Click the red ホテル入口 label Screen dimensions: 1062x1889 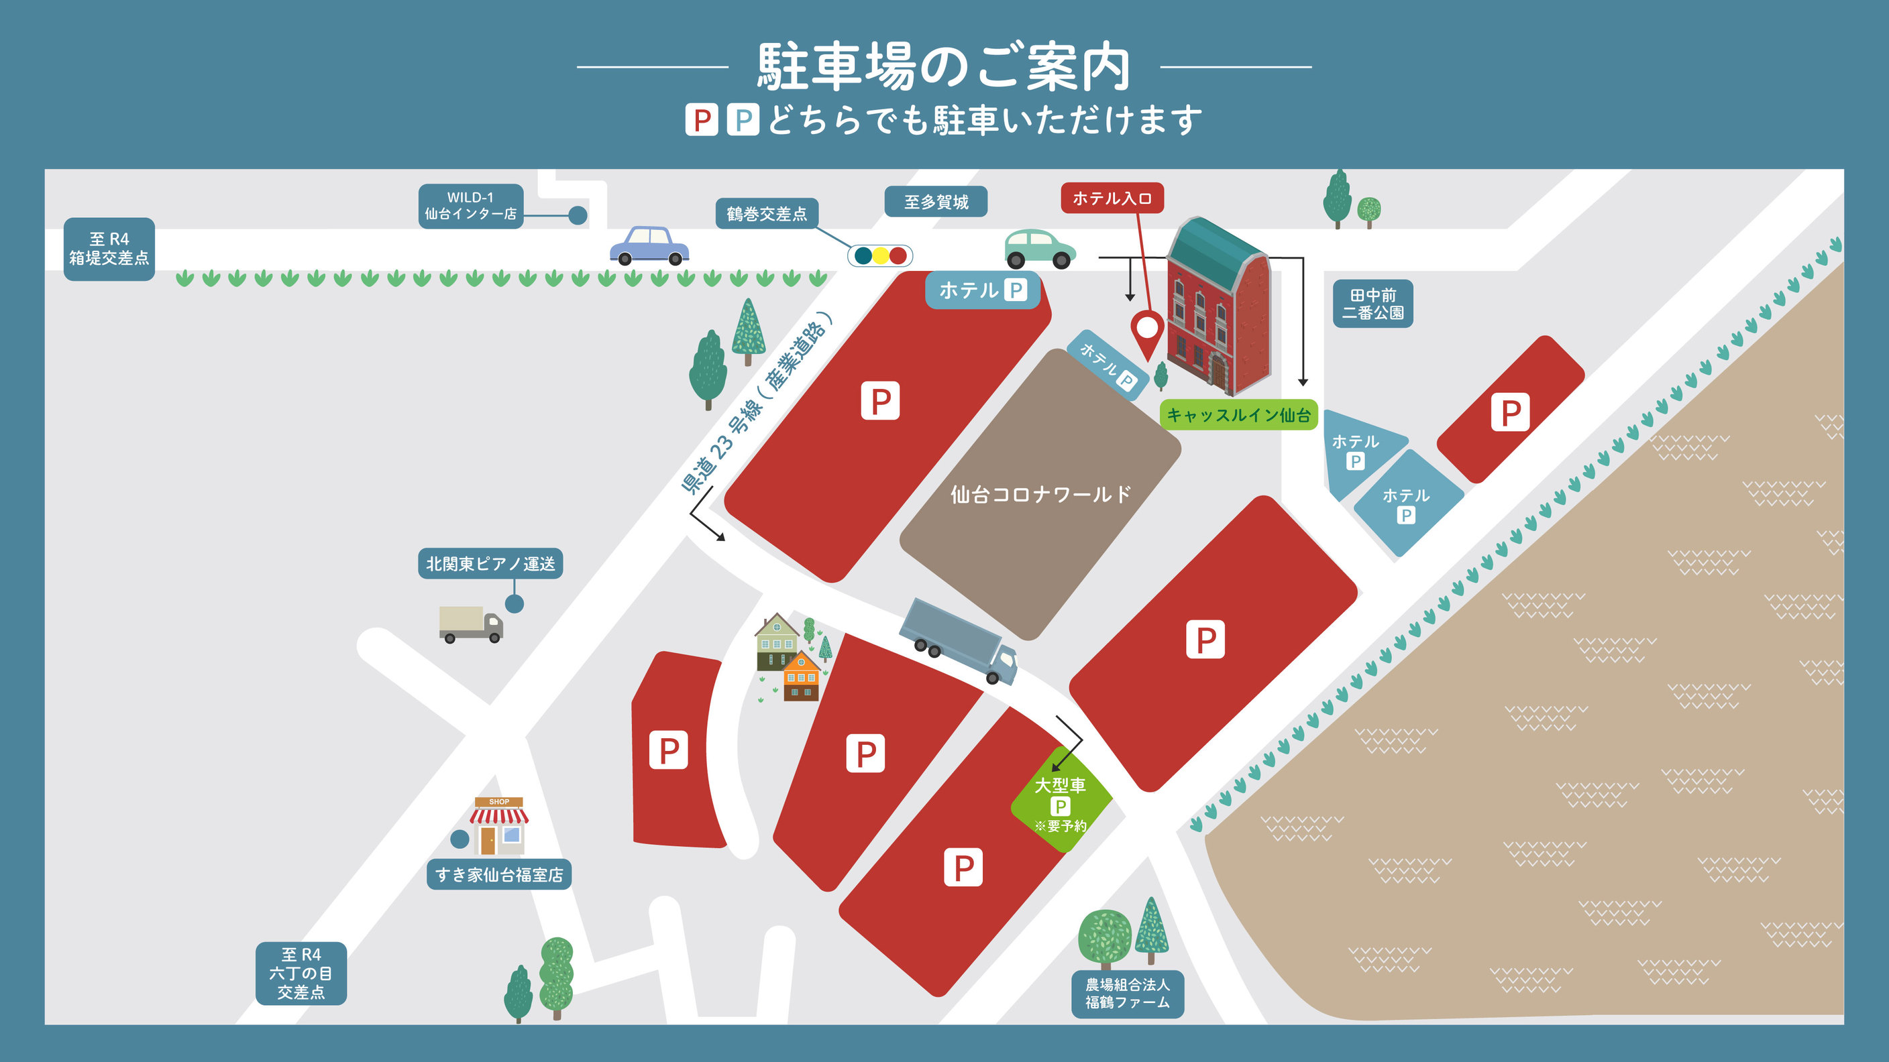[1112, 198]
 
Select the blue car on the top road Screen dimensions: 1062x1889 [649, 245]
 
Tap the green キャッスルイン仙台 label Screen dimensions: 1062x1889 [1238, 415]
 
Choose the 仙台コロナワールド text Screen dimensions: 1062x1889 [1040, 495]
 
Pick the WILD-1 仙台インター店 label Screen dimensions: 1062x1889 [471, 206]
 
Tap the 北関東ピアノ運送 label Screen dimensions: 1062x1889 [490, 564]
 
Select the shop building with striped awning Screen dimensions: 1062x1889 [498, 826]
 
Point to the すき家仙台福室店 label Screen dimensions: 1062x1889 [498, 874]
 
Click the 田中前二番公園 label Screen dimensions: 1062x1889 [1372, 304]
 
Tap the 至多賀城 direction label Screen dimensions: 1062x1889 [936, 202]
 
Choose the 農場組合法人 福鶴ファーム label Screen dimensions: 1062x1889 [1127, 993]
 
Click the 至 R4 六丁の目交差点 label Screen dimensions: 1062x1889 [301, 973]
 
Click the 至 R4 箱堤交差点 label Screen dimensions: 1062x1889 [109, 249]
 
